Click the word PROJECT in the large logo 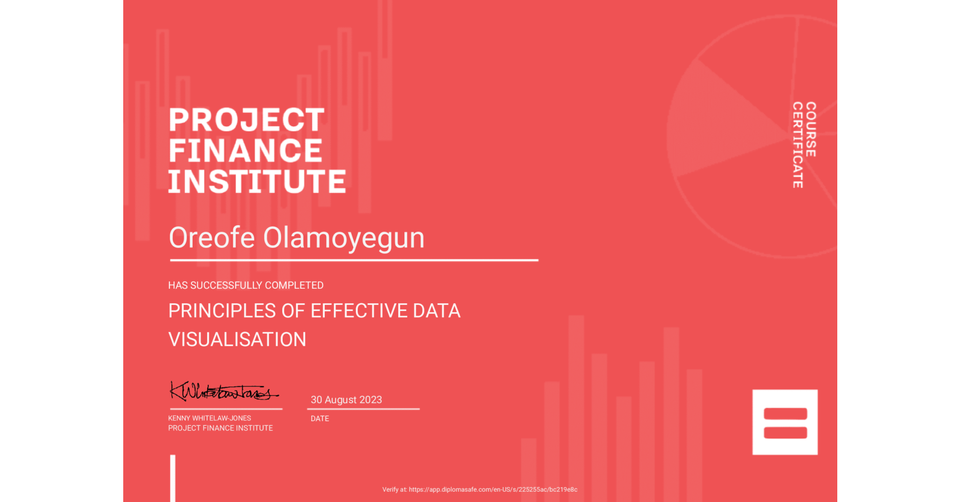[x=246, y=120]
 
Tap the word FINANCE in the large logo [x=245, y=151]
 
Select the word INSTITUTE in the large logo [x=257, y=182]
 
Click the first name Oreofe [x=212, y=238]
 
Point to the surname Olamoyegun [x=344, y=238]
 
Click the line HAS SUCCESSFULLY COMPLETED [x=245, y=285]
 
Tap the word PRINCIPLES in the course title [x=222, y=311]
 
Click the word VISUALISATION [x=237, y=339]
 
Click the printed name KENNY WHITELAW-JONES [x=209, y=418]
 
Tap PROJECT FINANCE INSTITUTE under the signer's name [x=220, y=428]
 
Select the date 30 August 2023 [x=346, y=400]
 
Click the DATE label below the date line [x=319, y=419]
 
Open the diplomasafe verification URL [x=492, y=490]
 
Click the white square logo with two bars [x=784, y=422]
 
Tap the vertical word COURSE [x=811, y=129]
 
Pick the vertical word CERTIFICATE [x=798, y=145]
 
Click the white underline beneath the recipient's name [x=354, y=260]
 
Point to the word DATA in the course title [x=437, y=311]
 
